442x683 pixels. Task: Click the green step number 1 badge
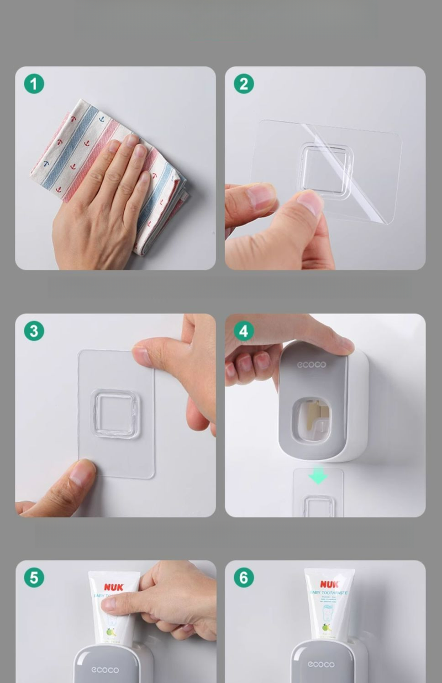pos(34,84)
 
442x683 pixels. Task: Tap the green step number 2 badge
pos(244,84)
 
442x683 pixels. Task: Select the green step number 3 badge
pos(34,331)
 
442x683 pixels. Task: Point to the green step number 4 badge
pos(244,331)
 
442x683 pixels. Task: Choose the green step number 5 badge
pos(34,578)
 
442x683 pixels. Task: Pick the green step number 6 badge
pos(244,578)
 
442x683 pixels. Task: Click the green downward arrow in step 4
pos(318,476)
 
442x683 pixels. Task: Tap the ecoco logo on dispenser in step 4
pos(312,365)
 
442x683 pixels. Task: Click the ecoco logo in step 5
pos(104,670)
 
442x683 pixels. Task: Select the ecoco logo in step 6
pos(321,664)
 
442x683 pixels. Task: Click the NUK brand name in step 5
pos(114,587)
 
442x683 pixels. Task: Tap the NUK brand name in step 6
pos(330,584)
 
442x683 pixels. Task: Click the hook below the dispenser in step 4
pos(318,506)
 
